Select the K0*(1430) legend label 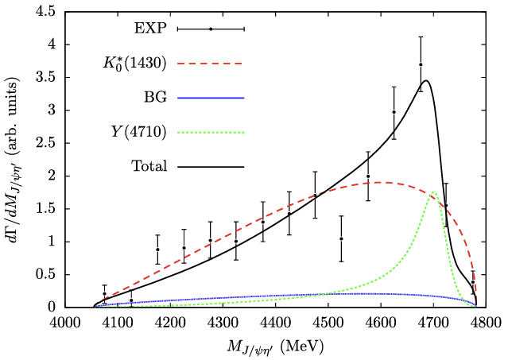pos(133,63)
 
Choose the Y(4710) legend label pos(139,132)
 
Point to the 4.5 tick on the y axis pos(45,13)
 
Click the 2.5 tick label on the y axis pos(45,143)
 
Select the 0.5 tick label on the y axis pos(45,274)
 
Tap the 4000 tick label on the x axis pos(64,323)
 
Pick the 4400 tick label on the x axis pos(275,323)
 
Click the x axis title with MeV pos(274,346)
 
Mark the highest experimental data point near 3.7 pos(421,64)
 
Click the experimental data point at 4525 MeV pos(341,238)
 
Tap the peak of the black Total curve pos(427,80)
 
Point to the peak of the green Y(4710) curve pos(434,192)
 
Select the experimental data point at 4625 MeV pos(394,112)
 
